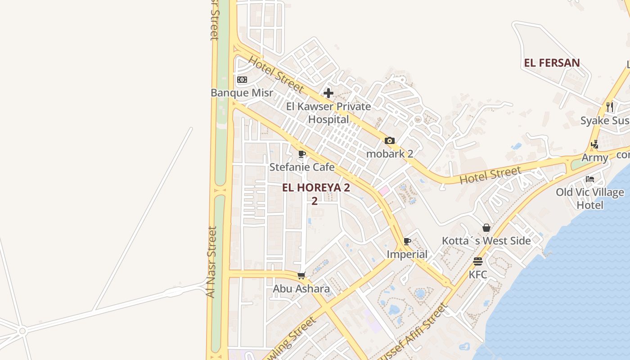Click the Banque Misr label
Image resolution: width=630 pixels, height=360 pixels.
[x=242, y=93]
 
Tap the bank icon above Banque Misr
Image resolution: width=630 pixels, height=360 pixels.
[x=242, y=80]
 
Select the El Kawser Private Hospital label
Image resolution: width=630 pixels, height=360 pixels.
[x=328, y=112]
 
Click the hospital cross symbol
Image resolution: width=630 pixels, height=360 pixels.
[x=328, y=93]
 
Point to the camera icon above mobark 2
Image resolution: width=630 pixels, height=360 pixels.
[x=390, y=141]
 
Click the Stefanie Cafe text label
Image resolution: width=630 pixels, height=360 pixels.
[x=302, y=167]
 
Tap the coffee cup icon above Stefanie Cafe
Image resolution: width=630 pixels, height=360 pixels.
[x=302, y=154]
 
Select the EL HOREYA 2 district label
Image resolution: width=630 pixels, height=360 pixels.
[x=316, y=188]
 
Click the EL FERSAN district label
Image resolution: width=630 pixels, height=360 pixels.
[x=552, y=63]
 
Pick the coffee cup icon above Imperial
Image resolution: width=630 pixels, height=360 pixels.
[x=407, y=242]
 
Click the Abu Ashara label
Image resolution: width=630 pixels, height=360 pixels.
[x=301, y=288]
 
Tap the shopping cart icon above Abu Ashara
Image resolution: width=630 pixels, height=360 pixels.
[x=301, y=275]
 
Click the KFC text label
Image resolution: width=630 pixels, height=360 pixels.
[x=478, y=274]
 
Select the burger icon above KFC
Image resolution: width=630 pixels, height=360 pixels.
[x=478, y=261]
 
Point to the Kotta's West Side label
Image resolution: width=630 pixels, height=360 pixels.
[x=486, y=241]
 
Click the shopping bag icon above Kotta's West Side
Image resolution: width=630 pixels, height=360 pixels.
[x=486, y=228]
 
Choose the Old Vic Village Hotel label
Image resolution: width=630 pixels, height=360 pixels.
[x=590, y=198]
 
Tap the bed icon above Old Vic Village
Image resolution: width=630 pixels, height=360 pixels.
[x=590, y=179]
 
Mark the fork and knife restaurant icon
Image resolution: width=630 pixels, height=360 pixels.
[x=610, y=107]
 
